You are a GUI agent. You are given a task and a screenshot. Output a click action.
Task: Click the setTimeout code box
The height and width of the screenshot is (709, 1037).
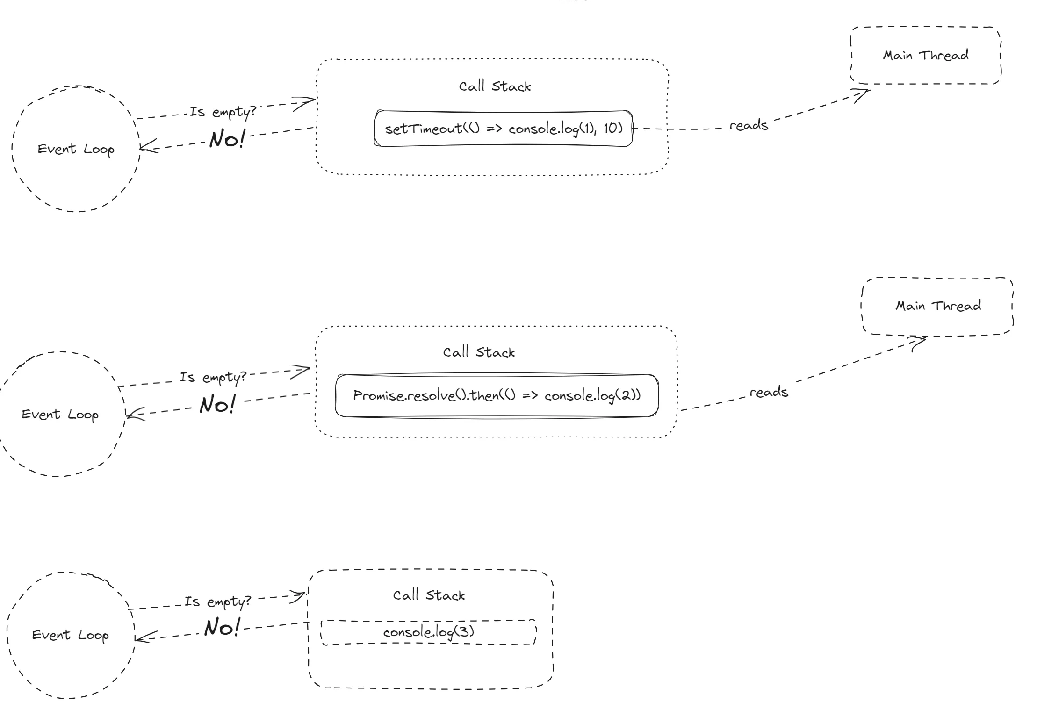504,129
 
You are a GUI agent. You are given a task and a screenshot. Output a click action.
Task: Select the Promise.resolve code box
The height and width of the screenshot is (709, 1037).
497,395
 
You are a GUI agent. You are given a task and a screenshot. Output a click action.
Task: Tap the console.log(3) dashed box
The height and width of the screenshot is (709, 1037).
428,632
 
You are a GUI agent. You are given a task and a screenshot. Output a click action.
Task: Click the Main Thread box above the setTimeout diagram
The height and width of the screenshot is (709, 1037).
925,56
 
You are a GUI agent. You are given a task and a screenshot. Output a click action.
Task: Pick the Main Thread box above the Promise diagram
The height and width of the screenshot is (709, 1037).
937,306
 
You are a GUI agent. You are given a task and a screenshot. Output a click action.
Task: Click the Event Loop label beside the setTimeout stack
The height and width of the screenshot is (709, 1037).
76,149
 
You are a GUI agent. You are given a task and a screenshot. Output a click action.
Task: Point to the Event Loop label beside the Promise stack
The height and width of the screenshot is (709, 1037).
60,415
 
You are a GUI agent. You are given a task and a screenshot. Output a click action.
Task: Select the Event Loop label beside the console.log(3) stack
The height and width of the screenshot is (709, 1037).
70,635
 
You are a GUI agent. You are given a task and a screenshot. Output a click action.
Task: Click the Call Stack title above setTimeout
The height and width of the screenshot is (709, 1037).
495,86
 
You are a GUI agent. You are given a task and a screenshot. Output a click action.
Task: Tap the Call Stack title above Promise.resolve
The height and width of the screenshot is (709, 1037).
479,352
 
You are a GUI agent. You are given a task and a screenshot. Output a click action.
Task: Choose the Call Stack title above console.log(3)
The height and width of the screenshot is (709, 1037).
429,595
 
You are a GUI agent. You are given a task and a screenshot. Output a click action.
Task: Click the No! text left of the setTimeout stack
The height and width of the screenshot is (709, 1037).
227,139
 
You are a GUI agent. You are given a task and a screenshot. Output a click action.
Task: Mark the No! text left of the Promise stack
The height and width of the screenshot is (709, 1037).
217,404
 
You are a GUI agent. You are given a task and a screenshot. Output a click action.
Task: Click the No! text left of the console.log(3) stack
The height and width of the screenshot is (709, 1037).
222,627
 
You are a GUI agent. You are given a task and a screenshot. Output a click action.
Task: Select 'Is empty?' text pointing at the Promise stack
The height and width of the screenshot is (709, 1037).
213,377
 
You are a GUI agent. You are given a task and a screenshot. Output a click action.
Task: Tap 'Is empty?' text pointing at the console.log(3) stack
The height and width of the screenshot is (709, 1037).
217,602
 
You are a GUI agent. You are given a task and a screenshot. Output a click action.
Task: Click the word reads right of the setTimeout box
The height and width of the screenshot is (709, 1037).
749,125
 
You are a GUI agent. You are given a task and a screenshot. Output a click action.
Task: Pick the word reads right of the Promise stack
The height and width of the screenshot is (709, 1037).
769,392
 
